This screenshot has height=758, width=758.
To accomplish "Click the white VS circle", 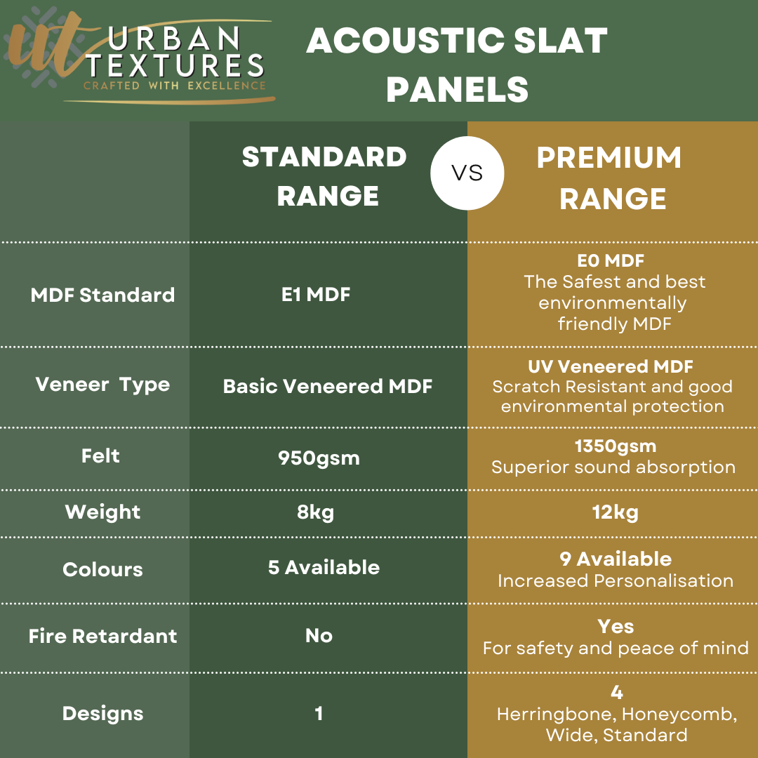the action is (x=467, y=173).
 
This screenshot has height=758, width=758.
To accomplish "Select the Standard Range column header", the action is (x=324, y=176).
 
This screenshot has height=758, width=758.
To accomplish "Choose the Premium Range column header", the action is (x=610, y=178).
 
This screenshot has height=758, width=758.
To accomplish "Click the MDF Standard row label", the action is (x=102, y=295).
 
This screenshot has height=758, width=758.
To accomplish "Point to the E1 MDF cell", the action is (x=316, y=294).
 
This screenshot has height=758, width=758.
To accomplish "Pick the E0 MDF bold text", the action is (x=611, y=261).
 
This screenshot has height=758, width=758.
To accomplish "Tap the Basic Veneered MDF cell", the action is (x=328, y=386).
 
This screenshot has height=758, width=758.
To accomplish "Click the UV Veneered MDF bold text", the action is (x=611, y=366).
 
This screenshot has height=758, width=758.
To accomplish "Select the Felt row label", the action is (x=100, y=456).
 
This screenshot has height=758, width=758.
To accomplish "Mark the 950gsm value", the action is (x=319, y=458).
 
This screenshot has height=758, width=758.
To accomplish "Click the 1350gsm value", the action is (x=616, y=446).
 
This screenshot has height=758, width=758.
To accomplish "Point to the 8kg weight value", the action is (x=316, y=512).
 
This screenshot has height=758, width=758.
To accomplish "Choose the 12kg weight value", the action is (x=616, y=512).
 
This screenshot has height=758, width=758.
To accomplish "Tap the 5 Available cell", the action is (x=324, y=568).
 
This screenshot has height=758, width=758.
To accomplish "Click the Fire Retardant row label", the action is (x=103, y=636).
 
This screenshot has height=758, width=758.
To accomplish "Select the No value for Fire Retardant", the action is (x=319, y=636).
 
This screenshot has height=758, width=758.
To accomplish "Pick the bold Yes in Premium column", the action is (x=616, y=627).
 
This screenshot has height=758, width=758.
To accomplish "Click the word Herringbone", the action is (x=557, y=714).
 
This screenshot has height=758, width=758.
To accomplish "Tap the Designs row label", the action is (x=103, y=714).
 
